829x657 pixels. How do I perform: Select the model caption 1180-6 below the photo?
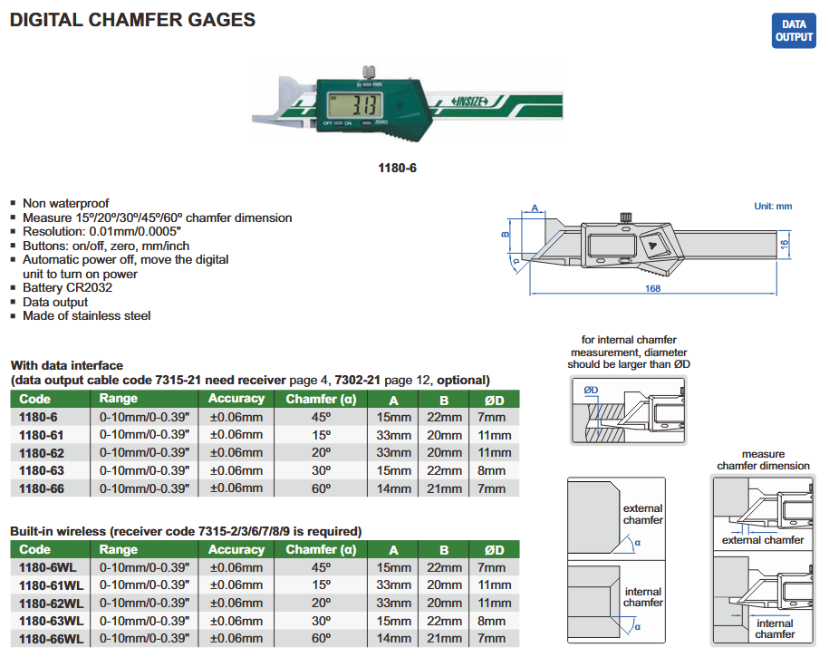tap(396, 168)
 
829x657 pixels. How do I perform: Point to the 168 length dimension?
tap(652, 287)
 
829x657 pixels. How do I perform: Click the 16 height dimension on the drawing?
tap(786, 244)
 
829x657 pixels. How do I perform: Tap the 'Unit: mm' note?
tap(773, 207)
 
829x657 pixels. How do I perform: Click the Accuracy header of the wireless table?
tap(236, 550)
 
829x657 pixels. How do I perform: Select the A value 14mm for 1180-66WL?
tap(393, 639)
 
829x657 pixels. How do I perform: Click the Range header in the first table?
tap(119, 399)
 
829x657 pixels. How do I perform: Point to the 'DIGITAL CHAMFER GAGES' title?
tap(132, 20)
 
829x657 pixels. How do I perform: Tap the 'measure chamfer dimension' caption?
tap(763, 459)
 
